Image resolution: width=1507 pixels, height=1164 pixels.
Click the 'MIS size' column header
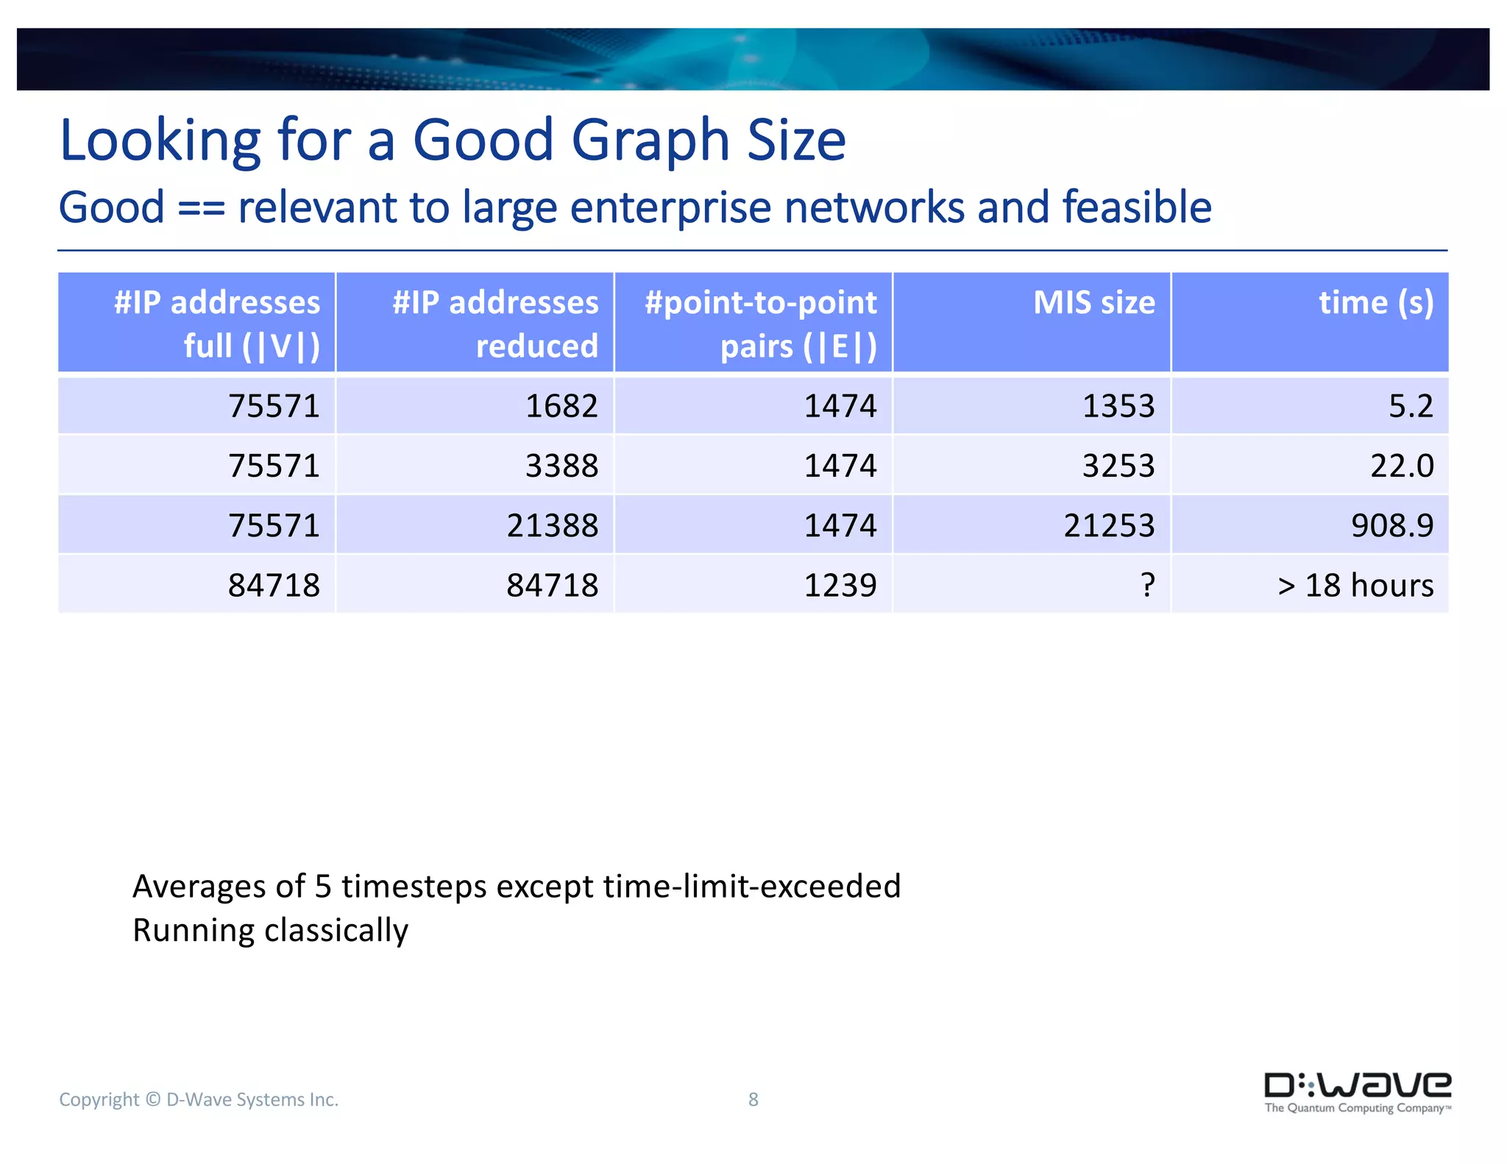point(1093,303)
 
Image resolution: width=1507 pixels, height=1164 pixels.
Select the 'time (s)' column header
point(1375,303)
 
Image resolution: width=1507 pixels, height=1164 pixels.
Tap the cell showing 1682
point(561,406)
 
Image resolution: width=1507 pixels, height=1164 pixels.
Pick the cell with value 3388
point(561,466)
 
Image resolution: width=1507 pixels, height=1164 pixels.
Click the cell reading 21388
point(552,525)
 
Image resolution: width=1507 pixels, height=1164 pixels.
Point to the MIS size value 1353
point(1118,406)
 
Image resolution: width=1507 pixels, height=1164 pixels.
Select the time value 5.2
point(1410,406)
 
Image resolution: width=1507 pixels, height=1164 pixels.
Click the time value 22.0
point(1401,466)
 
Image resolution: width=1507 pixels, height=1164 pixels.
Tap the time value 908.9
point(1391,525)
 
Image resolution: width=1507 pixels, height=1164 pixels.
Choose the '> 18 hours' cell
point(1355,586)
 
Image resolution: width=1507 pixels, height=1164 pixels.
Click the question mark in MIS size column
point(1147,586)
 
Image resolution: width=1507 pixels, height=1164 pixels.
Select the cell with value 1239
point(840,586)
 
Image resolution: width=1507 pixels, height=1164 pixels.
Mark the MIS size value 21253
point(1109,525)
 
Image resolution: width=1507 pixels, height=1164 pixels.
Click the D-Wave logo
point(1357,1092)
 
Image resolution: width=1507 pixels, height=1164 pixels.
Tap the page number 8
point(753,1099)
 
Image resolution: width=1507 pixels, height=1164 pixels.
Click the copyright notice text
point(199,1099)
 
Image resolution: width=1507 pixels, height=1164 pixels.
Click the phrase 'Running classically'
point(270,931)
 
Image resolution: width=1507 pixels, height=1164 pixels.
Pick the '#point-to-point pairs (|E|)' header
point(760,324)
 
